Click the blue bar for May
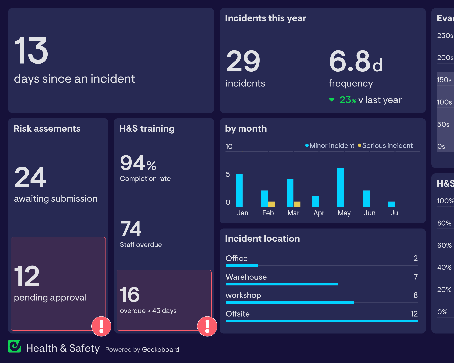coord(341,188)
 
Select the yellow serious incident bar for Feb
coord(272,204)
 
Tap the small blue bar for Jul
coord(391,204)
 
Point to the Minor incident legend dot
coord(307,145)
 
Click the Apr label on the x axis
coord(319,213)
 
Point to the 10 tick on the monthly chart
coord(229,146)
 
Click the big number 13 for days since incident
coord(31,50)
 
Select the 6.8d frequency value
coord(356,61)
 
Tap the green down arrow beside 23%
coord(332,100)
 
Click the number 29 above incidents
coord(243,61)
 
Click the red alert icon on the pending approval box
coord(101,326)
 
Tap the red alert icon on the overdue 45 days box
coord(207,326)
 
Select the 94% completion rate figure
coord(138,163)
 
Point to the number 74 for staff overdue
coord(131,229)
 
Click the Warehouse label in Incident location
coord(246,277)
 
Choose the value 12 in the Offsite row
coord(414,314)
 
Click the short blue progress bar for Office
coord(242,265)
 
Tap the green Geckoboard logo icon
coord(14,346)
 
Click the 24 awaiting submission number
coord(30,177)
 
